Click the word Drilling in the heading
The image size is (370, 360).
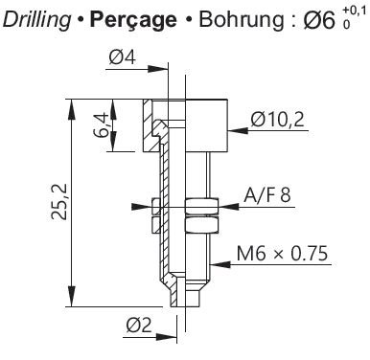pos(36,20)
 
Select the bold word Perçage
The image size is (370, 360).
pos(133,20)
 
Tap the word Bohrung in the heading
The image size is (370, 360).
pos(242,19)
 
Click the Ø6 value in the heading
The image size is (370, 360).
pos(319,20)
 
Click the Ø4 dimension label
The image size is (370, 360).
pos(123,57)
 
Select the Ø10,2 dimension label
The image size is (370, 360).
pos(277,120)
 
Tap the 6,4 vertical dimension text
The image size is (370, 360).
pos(101,125)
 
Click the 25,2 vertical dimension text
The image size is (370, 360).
pos(59,201)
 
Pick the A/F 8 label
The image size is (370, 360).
pos(267,195)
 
